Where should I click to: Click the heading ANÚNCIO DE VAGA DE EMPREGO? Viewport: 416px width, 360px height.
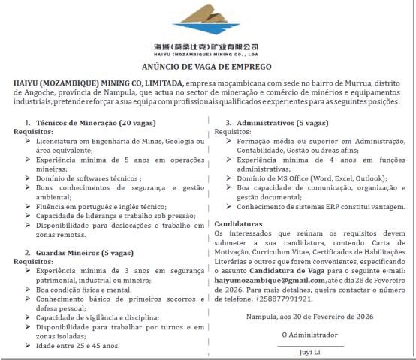click(207, 67)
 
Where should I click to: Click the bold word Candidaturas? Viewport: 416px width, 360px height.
click(238, 224)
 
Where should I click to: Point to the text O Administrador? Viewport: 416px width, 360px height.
click(309, 334)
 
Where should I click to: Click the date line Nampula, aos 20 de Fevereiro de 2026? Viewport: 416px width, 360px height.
click(309, 316)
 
